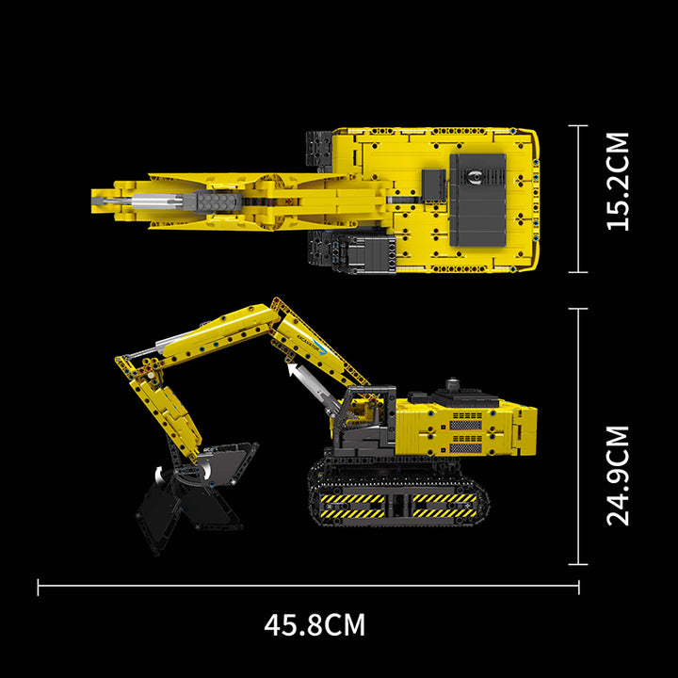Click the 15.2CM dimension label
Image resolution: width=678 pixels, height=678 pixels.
pos(618,181)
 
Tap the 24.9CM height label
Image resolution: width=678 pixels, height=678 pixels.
pos(618,476)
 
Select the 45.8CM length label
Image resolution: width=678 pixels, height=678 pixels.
pos(315,623)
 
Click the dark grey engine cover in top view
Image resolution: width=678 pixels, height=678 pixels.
pos(477,201)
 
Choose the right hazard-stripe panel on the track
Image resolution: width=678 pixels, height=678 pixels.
pos(444,505)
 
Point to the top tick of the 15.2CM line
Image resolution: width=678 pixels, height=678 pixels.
pos(578,126)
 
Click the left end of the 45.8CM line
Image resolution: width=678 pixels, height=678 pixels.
pos(39,588)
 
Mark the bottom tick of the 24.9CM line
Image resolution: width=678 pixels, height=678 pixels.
pos(578,564)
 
